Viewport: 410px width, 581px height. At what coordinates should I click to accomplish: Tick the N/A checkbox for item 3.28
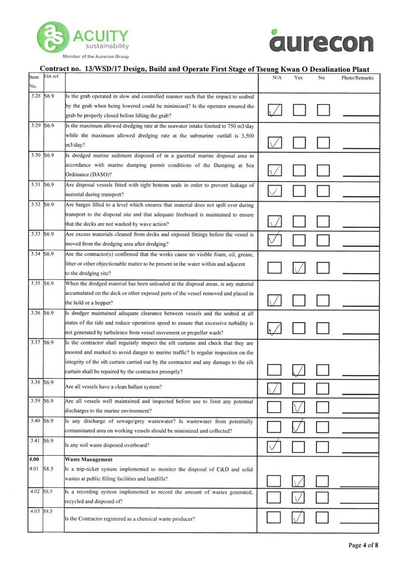275,110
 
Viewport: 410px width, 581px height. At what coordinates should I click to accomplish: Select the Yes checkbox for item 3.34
299,268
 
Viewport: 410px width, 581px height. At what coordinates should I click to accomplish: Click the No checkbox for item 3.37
324,370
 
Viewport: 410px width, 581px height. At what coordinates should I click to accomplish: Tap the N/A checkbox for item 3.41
275,445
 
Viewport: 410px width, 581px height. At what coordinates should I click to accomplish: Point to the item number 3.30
35,156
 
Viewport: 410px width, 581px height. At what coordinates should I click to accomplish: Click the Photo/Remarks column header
358,78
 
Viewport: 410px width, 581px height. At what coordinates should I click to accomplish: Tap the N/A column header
277,78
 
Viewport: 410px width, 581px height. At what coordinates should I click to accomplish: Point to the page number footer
363,545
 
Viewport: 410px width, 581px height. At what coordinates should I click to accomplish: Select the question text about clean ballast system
113,387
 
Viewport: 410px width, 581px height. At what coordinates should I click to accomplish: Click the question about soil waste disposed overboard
108,445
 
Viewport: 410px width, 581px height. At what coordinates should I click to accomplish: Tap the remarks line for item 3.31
356,196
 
